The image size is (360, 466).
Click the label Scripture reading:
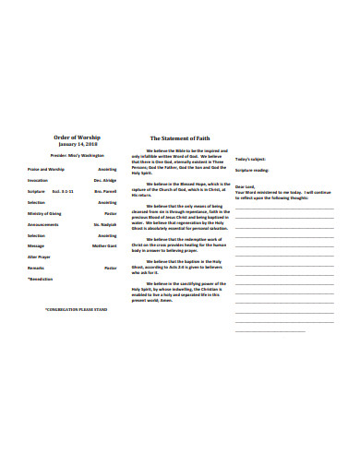pos(252,172)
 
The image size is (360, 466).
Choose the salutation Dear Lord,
pos(245,186)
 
